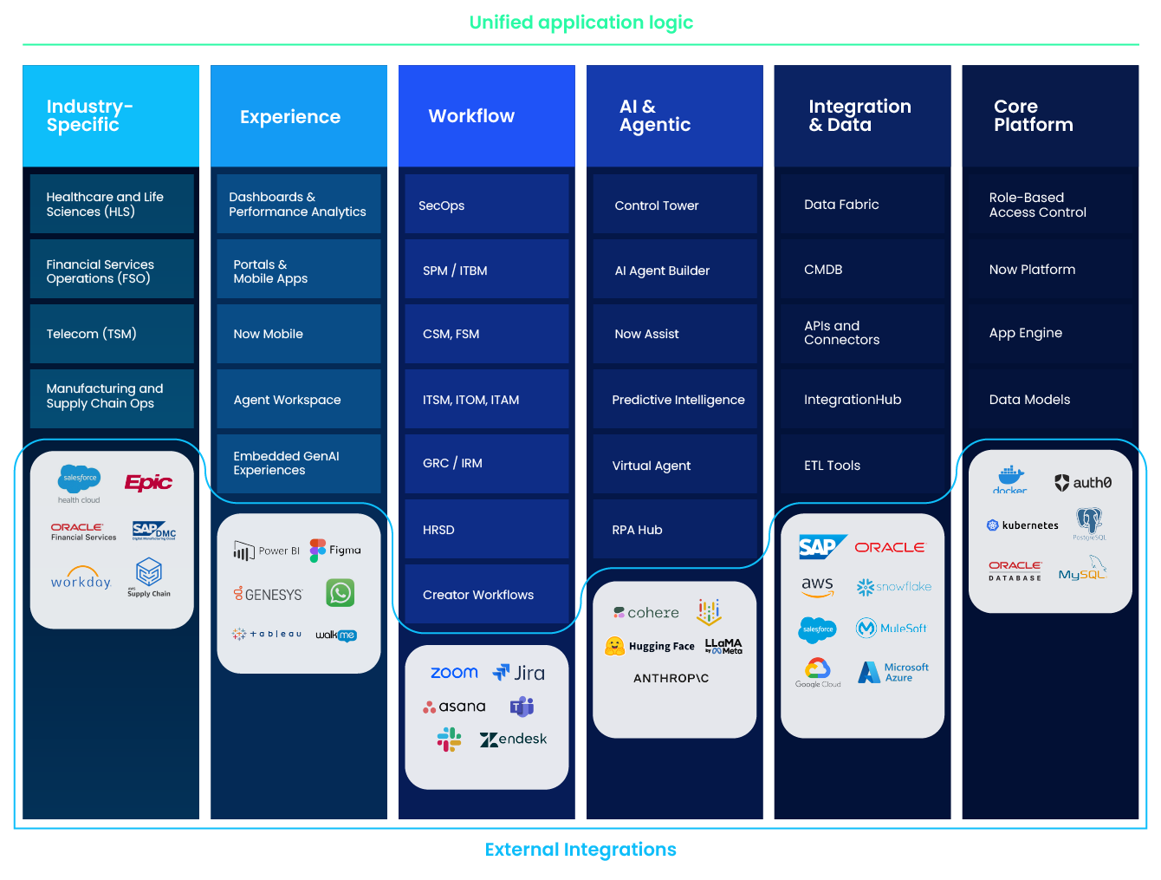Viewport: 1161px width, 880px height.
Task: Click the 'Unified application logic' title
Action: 580,23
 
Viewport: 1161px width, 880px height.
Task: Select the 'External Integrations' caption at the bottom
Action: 580,850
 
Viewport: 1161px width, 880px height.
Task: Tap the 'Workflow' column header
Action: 471,116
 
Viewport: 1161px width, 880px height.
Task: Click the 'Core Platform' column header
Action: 1033,116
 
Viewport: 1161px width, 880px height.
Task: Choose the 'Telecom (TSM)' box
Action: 112,334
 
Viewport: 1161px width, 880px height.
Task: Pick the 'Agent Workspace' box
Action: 298,400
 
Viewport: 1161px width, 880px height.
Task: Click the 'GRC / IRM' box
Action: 486,464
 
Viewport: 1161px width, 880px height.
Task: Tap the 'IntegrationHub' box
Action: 861,400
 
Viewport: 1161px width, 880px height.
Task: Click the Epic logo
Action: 148,483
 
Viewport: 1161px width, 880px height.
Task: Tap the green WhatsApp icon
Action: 341,593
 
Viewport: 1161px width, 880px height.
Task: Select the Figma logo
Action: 335,551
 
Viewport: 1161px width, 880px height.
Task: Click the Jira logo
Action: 519,673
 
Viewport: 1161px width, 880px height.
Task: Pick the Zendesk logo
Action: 513,740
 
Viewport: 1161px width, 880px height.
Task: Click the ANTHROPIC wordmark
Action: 671,678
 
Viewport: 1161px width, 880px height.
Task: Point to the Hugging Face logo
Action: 650,646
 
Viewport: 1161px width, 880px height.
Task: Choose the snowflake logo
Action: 893,587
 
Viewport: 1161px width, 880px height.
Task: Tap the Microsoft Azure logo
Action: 893,673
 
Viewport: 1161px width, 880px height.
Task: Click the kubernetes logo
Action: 1022,525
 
